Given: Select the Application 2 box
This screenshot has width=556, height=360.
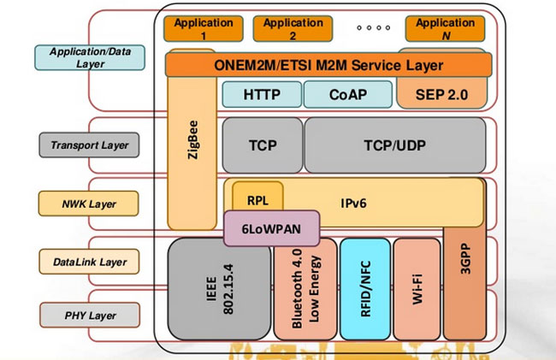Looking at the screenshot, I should click(293, 29).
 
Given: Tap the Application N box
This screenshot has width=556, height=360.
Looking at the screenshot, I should click(445, 29).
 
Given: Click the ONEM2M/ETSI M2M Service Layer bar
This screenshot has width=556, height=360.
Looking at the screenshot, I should click(328, 65).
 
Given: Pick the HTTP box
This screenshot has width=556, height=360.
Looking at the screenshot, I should click(262, 94).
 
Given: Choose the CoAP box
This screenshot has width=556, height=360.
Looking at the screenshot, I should click(347, 94).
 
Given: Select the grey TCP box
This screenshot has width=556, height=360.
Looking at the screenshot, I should click(262, 145).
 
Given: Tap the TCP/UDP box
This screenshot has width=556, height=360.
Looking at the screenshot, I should click(394, 145).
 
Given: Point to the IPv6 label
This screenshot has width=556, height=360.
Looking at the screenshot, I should click(354, 204).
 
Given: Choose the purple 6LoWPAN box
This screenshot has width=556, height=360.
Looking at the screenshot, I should click(271, 229).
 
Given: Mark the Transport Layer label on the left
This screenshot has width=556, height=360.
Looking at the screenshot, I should click(89, 145).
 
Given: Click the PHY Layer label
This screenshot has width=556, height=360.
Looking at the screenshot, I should click(89, 316).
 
